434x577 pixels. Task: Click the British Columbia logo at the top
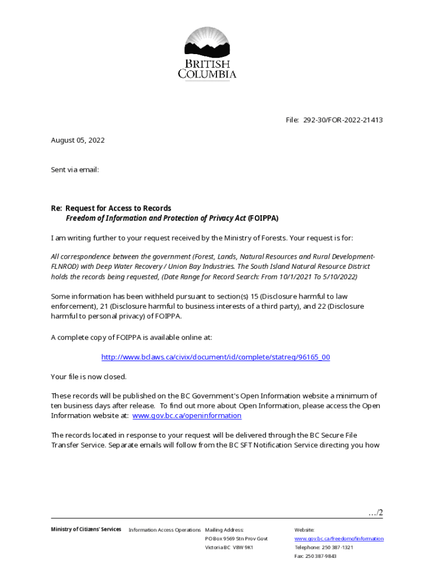(207, 54)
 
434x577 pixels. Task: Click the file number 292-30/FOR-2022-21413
(343, 120)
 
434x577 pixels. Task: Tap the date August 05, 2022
(78, 140)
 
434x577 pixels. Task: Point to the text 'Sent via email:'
(75, 169)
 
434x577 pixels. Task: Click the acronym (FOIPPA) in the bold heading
(263, 218)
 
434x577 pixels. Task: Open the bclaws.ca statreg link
(215, 357)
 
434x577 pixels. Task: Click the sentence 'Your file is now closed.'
(88, 376)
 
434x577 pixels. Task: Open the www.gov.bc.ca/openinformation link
(187, 416)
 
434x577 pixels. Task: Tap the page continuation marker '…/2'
(375, 513)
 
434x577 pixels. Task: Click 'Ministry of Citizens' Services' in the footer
(86, 529)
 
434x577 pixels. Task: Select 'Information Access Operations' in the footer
(165, 530)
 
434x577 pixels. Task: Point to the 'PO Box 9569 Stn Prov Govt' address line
(236, 539)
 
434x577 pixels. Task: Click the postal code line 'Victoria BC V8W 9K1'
(229, 547)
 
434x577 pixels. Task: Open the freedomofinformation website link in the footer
(339, 539)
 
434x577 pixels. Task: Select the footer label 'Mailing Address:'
(224, 530)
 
